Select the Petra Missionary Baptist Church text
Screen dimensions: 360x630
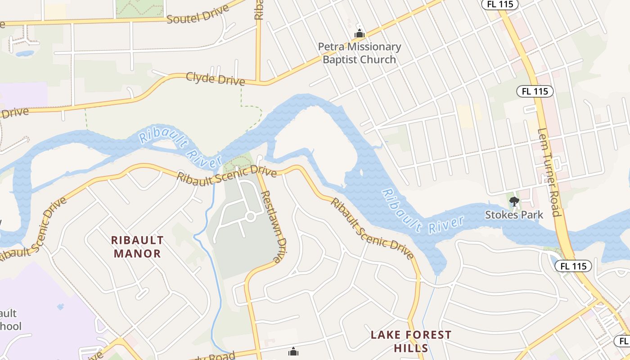click(x=359, y=53)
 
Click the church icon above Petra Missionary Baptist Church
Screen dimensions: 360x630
click(x=359, y=33)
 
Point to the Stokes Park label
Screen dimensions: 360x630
click(x=514, y=215)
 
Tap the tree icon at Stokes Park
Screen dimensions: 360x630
click(x=514, y=201)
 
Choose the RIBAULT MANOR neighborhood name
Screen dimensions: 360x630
click(x=138, y=247)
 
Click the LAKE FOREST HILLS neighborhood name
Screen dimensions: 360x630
click(x=411, y=341)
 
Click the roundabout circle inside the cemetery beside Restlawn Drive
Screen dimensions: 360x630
click(x=251, y=217)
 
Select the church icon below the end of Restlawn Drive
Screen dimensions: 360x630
click(x=293, y=351)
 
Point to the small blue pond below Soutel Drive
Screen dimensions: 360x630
click(x=25, y=54)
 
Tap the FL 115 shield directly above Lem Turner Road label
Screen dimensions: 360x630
click(x=535, y=91)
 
